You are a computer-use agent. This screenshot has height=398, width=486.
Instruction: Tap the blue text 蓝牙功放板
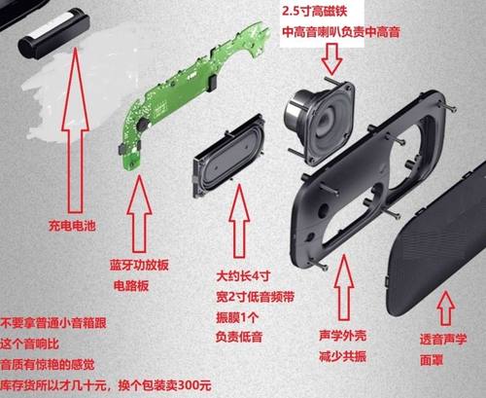[130, 264]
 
